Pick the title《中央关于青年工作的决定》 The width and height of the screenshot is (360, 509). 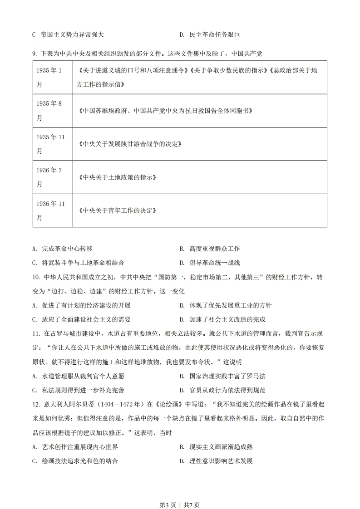(117, 210)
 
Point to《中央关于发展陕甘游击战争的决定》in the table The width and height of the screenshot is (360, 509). (130, 144)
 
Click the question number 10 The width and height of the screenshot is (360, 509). (36, 277)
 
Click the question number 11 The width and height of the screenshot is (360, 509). (36, 334)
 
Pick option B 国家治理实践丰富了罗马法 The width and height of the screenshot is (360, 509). (222, 376)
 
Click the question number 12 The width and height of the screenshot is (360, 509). (36, 404)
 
